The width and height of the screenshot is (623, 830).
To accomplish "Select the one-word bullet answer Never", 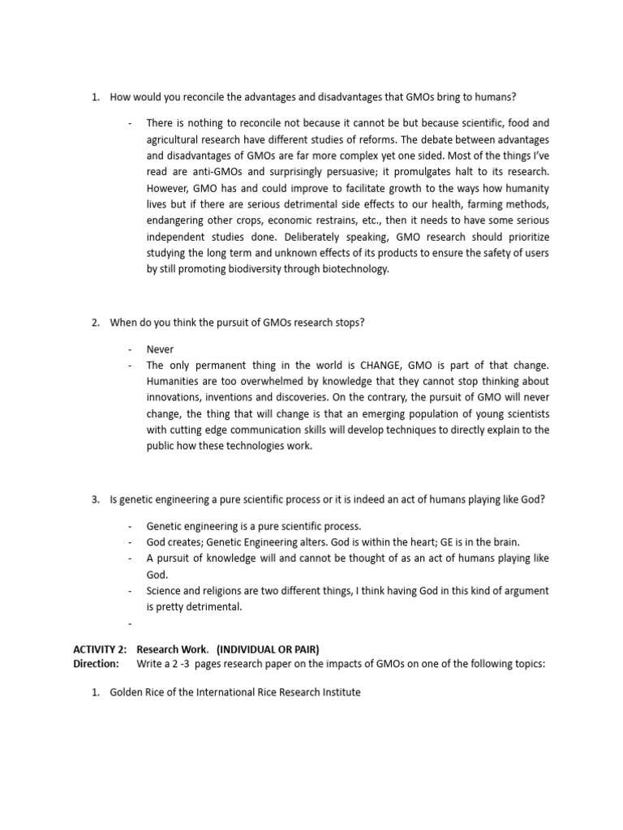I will click(x=160, y=349).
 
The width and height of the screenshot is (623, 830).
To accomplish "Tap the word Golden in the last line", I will click(x=127, y=693).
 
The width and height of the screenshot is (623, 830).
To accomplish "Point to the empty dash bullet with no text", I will click(x=130, y=622).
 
